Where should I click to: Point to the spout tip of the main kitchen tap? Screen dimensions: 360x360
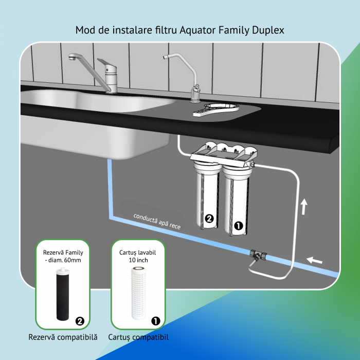point(71,57)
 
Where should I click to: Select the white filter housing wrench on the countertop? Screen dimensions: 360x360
point(216,110)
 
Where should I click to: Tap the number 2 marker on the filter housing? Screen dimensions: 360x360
point(209,219)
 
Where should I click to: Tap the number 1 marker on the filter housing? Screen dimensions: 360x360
point(238,226)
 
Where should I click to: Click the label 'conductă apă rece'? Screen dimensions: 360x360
point(157,222)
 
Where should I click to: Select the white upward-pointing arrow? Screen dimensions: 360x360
point(304,207)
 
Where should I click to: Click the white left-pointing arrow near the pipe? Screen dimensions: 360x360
point(314,260)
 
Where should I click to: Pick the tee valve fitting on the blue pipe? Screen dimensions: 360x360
point(258,255)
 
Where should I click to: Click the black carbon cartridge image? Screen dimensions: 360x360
point(63,294)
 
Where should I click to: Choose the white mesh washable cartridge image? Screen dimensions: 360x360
point(138,293)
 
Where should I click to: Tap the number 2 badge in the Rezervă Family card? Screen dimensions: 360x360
point(80,321)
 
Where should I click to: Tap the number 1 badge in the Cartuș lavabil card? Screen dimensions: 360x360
point(156,321)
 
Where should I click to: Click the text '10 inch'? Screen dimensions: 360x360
point(138,260)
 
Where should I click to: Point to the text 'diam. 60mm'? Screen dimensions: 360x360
point(65,260)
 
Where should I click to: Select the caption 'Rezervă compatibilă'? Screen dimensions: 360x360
point(63,337)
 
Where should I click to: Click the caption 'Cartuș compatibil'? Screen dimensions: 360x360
point(138,337)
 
